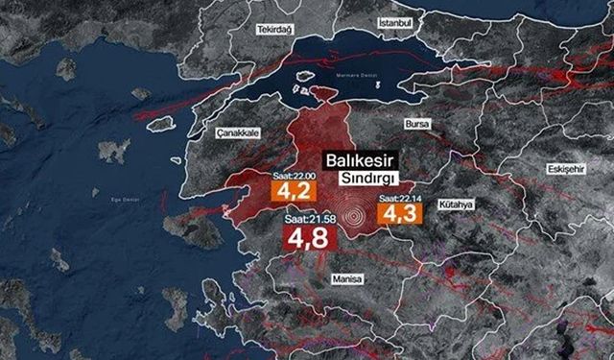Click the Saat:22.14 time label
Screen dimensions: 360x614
401,199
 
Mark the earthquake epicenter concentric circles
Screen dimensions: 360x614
354,214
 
